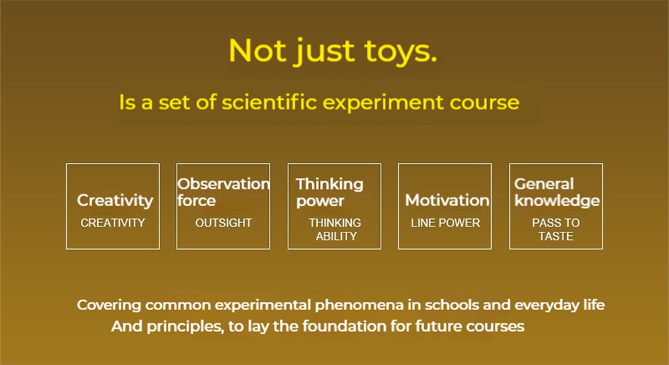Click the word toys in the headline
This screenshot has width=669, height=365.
coord(401,52)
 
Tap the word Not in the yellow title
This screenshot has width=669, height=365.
coord(257,50)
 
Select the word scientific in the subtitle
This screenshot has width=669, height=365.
coord(269,102)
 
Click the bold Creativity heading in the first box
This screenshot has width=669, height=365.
coord(115,201)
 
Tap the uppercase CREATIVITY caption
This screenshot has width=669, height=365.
coord(112,223)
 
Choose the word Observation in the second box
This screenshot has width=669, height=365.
coord(223,184)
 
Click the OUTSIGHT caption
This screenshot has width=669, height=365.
coord(223,223)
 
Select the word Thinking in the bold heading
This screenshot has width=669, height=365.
coord(330,185)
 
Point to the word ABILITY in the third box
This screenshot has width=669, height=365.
coord(337,236)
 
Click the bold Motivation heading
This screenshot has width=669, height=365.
coord(447,200)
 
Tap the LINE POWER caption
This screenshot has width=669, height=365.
coord(446,223)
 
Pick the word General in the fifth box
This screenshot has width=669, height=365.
coord(544,184)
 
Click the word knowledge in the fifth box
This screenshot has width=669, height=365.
coord(557,201)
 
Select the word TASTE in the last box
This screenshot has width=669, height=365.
coord(556,236)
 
